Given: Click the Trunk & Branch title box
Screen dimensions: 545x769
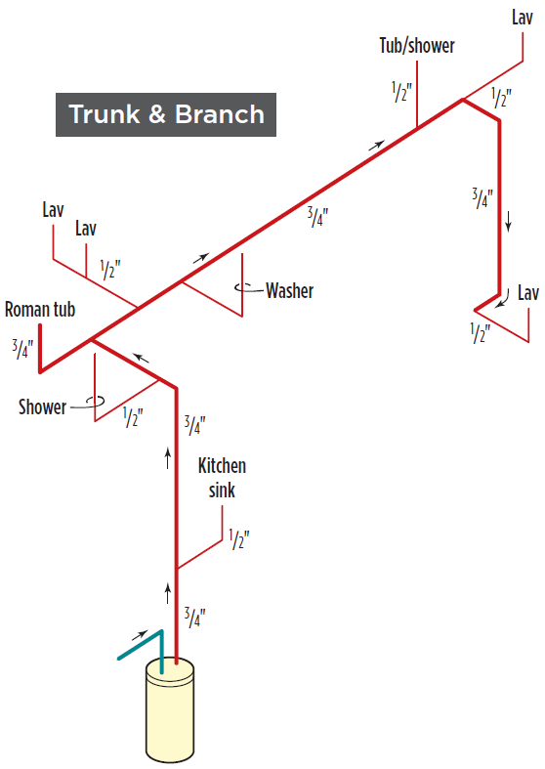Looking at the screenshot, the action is (x=166, y=114).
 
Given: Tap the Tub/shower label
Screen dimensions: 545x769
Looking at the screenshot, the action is (x=417, y=46).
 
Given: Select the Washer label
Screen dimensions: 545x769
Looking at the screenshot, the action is (x=290, y=290).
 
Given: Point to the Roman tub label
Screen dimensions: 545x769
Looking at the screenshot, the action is (x=40, y=310).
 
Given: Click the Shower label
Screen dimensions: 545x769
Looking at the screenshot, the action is (x=42, y=407).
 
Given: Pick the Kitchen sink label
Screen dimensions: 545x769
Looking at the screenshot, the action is (x=222, y=478).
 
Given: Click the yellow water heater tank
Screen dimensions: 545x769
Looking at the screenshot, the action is (x=170, y=710).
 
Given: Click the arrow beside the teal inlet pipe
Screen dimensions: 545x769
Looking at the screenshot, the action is (x=141, y=635).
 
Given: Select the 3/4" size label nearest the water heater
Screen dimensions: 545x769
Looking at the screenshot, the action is (x=194, y=617).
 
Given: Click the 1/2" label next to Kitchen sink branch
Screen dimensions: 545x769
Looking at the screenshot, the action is (x=239, y=539).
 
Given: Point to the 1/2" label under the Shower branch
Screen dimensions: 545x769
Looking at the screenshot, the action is (x=133, y=417).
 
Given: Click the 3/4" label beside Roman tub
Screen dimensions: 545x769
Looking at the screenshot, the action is (x=22, y=349).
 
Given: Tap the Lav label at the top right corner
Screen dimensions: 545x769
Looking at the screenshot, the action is (x=522, y=18).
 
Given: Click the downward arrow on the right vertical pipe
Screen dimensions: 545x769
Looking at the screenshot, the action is (x=509, y=221).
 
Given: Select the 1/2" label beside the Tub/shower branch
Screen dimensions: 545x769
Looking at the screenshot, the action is (x=401, y=92).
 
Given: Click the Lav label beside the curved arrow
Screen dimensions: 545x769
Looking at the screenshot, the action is (x=528, y=293).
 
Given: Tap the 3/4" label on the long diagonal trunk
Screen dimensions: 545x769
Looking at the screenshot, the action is (x=317, y=216).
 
